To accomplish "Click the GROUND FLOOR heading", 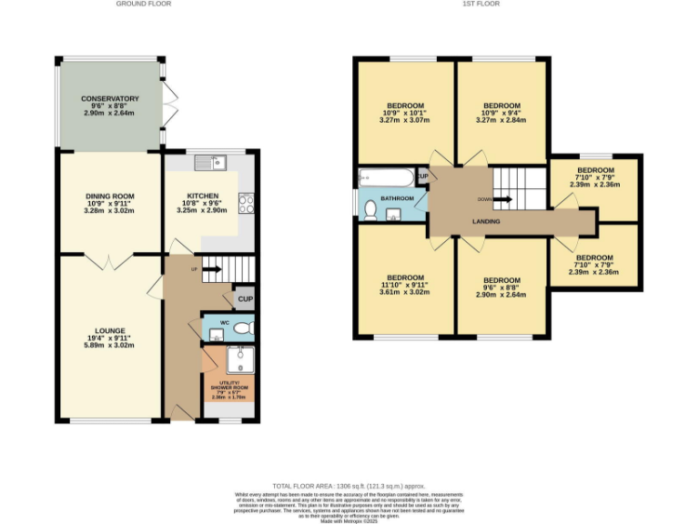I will [143, 4].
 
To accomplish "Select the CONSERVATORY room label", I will [109, 98].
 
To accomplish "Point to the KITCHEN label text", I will [202, 196].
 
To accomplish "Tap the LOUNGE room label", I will [109, 330].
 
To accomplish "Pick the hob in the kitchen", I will [244, 203].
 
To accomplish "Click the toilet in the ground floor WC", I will [240, 327].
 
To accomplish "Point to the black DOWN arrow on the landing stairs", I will [502, 199].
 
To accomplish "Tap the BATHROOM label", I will [397, 198].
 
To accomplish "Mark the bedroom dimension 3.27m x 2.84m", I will [501, 120].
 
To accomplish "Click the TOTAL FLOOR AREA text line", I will [349, 486].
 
